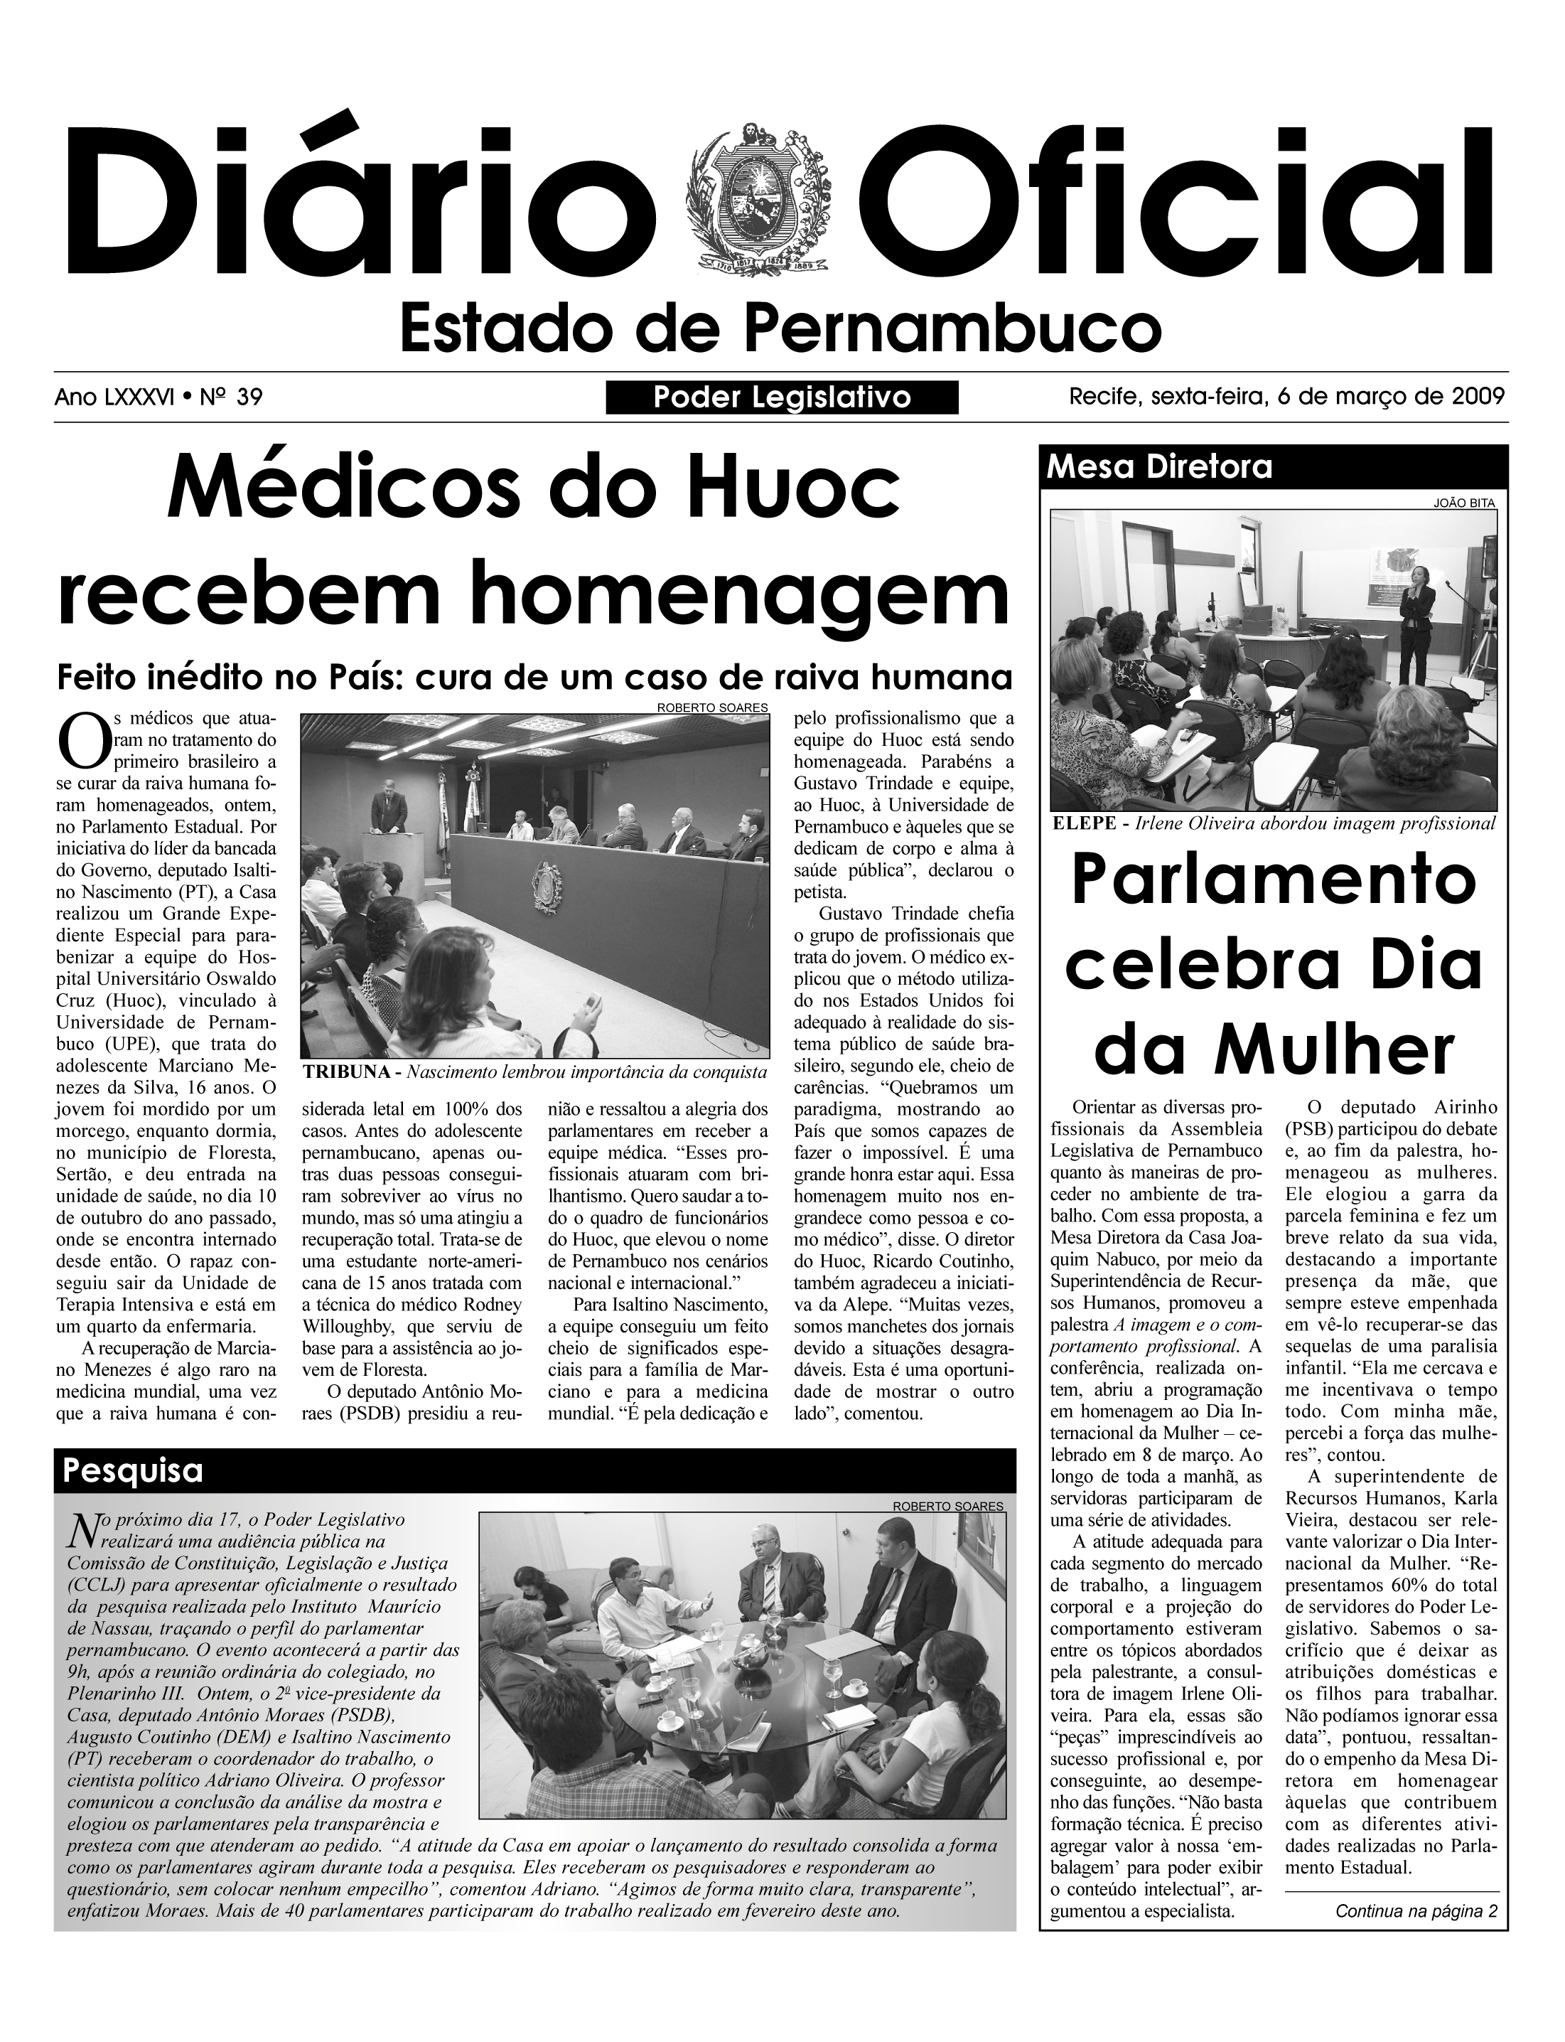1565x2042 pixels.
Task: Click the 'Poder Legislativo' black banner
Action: pyautogui.click(x=782, y=398)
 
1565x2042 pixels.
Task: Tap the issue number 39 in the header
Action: pyautogui.click(x=249, y=398)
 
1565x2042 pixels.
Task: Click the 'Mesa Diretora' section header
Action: pyautogui.click(x=1160, y=466)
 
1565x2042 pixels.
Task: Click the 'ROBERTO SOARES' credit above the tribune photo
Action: pyautogui.click(x=713, y=707)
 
